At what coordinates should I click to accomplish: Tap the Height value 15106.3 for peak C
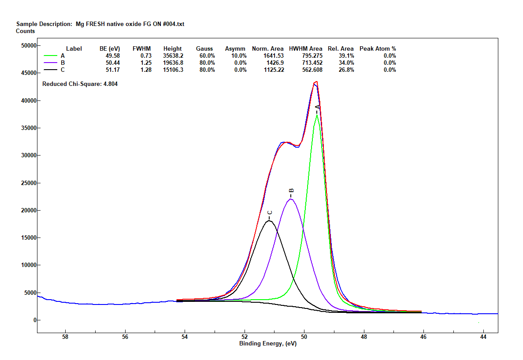[x=173, y=70]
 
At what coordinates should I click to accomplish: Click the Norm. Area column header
[x=267, y=48]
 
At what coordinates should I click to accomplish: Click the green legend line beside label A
[x=51, y=56]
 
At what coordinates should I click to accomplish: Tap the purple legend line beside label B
[x=51, y=63]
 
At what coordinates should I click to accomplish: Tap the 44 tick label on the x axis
[x=483, y=338]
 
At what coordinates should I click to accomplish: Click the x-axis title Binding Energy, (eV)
[x=267, y=344]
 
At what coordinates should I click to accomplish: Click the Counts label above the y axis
[x=25, y=31]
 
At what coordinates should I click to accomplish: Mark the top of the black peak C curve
[x=270, y=221]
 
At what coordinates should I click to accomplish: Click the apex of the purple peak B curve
[x=291, y=199]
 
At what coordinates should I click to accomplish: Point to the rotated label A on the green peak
[x=317, y=107]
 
